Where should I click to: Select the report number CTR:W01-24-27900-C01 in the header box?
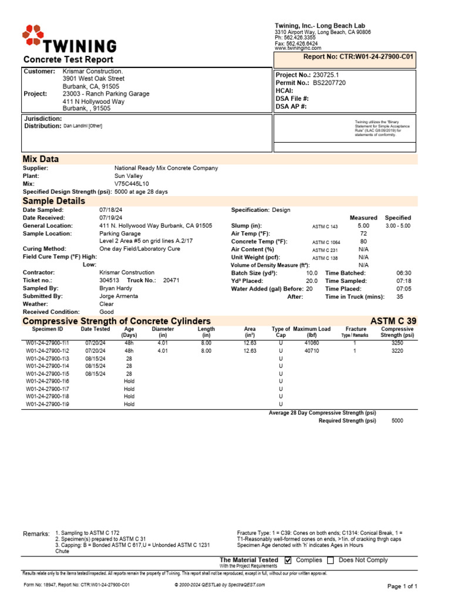(x=358, y=57)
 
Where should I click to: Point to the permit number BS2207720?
(x=329, y=83)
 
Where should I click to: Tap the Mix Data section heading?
(x=41, y=159)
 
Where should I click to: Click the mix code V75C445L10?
(x=132, y=184)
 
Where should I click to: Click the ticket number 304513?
(x=109, y=281)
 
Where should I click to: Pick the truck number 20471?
(x=171, y=281)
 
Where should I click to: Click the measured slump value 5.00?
(x=364, y=225)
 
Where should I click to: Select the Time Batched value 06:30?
(x=404, y=273)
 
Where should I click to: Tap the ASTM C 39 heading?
(x=393, y=321)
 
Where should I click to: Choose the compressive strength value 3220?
(x=397, y=350)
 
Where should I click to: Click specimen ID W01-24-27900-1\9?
(x=48, y=404)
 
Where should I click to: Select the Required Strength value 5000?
(x=397, y=421)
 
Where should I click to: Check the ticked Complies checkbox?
(x=288, y=561)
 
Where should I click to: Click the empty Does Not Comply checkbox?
(x=331, y=561)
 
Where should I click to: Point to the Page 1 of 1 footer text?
(x=402, y=586)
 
